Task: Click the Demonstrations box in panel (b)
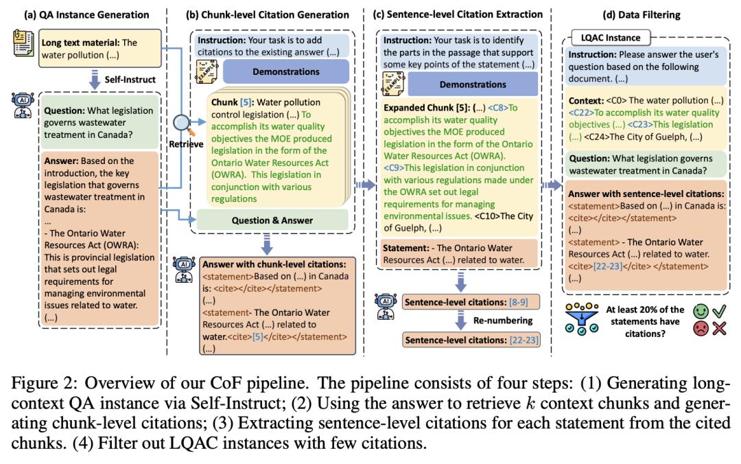tap(285, 71)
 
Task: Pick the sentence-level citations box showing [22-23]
tap(470, 340)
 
